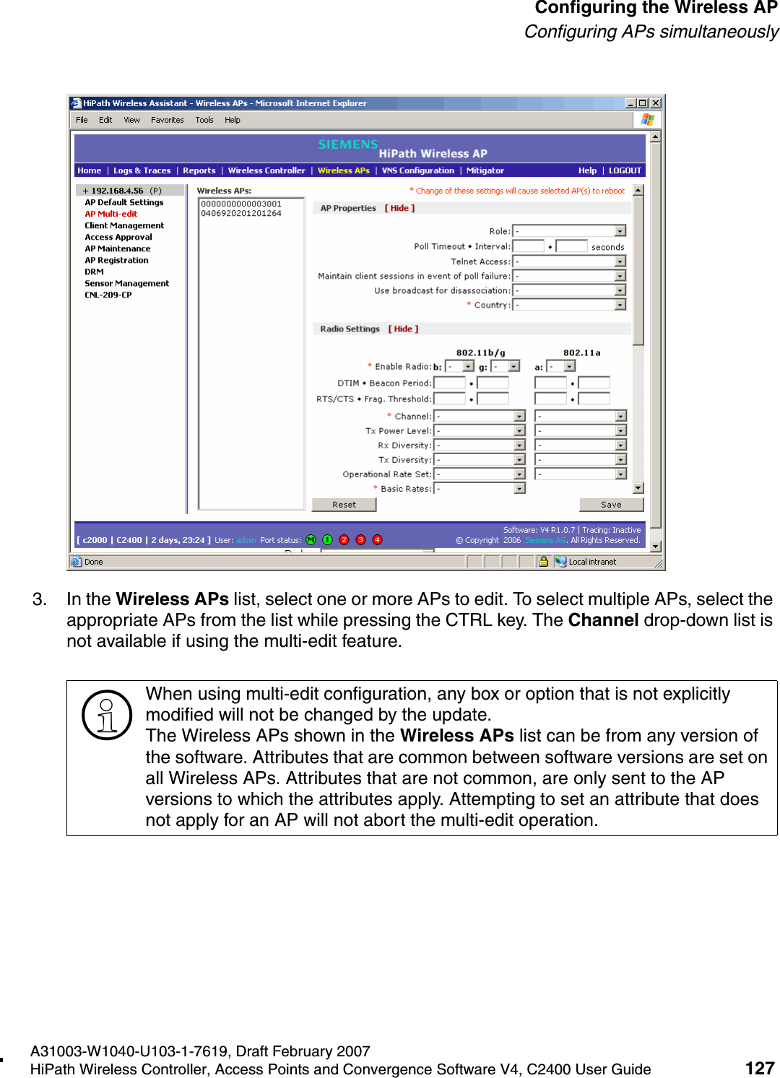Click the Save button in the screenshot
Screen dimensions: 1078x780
pyautogui.click(x=611, y=505)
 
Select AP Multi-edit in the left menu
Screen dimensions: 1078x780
pyautogui.click(x=110, y=214)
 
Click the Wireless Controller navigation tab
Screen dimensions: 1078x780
pyautogui.click(x=266, y=170)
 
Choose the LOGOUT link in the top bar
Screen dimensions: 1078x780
pyautogui.click(x=625, y=170)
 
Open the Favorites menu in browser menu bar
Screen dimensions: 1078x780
pyautogui.click(x=167, y=120)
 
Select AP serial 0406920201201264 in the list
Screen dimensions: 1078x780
pyautogui.click(x=241, y=213)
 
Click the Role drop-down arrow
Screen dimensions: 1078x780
pyautogui.click(x=620, y=231)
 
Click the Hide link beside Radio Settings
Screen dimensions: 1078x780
pyautogui.click(x=403, y=329)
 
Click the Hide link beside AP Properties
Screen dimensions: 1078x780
pyautogui.click(x=399, y=208)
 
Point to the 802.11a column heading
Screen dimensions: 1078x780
pyautogui.click(x=581, y=352)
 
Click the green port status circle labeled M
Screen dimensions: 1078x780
pyautogui.click(x=311, y=540)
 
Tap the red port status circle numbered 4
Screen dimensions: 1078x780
pyautogui.click(x=377, y=540)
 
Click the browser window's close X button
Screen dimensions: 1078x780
pyautogui.click(x=656, y=103)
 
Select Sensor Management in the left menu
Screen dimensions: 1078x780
pyautogui.click(x=126, y=283)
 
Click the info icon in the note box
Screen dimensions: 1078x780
pyautogui.click(x=107, y=715)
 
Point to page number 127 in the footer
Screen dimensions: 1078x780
pyautogui.click(x=759, y=1068)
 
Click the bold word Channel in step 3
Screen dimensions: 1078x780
pyautogui.click(x=603, y=620)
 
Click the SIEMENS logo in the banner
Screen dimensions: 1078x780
pyautogui.click(x=348, y=144)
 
